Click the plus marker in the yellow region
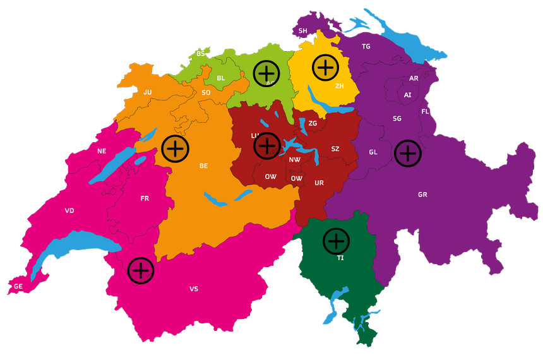(326, 66)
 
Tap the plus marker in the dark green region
(336, 241)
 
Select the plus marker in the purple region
(408, 153)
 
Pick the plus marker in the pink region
(141, 270)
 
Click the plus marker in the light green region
(266, 73)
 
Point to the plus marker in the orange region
(176, 148)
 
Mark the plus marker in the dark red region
(267, 145)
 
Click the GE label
(18, 286)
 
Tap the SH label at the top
(303, 30)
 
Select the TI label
(340, 258)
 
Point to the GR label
(422, 195)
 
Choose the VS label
(194, 289)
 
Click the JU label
(148, 92)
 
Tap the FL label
(426, 112)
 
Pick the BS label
(200, 54)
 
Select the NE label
(102, 151)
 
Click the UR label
(319, 183)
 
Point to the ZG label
(313, 123)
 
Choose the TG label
(366, 47)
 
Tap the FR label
(145, 198)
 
